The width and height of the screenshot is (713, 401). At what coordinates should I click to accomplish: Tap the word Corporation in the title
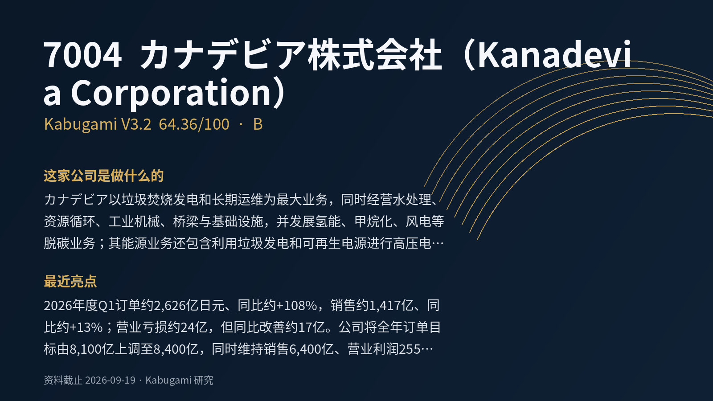pos(171,93)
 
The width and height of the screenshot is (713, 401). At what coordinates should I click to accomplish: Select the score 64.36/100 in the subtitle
pos(194,124)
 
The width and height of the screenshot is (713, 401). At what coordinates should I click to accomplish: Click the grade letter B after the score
pos(258,124)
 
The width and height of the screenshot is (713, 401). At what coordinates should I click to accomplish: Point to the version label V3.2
pos(136,124)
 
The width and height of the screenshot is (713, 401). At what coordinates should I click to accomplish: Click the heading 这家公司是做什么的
pos(104,176)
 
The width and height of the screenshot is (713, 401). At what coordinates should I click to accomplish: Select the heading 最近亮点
pos(70,281)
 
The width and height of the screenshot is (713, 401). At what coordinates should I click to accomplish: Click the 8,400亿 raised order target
pos(176,349)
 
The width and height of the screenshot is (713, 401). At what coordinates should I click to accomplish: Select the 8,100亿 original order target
pos(92,349)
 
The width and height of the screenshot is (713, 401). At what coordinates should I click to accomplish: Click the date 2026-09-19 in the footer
pos(110,381)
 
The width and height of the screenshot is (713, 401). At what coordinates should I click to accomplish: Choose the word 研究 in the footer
pos(203,381)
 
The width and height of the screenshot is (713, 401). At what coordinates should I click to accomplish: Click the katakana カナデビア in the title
pos(223,55)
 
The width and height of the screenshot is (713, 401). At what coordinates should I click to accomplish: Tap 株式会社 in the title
pos(375,55)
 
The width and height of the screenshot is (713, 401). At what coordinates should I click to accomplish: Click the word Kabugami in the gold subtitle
pos(81,124)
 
